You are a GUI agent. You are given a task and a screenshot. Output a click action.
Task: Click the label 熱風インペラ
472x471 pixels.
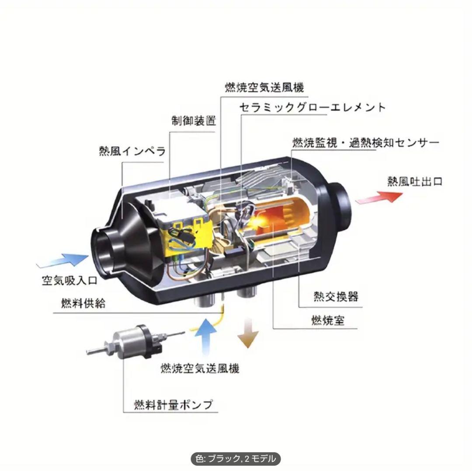132,152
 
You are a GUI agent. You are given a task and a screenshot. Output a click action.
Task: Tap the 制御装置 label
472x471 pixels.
194,121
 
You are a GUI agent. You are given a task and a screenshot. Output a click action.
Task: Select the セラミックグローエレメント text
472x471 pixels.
312,107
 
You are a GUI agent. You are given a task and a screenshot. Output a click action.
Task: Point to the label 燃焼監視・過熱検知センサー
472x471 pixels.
365,143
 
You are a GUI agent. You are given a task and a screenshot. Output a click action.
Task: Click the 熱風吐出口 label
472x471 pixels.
415,181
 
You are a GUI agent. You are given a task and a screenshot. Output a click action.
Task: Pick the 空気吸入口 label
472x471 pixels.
69,280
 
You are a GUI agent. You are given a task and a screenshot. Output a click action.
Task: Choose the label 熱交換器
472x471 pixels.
336,296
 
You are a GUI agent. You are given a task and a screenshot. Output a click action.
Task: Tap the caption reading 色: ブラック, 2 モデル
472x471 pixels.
236,459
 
